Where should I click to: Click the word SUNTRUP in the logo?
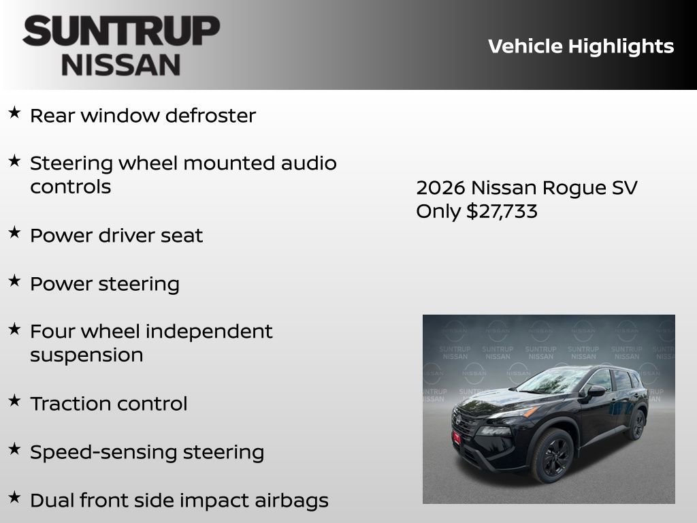[x=121, y=32]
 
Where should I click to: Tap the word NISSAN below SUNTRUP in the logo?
[x=121, y=65]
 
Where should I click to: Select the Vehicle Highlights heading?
[x=581, y=46]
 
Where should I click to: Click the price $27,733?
[x=502, y=211]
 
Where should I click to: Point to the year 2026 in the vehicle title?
[x=440, y=188]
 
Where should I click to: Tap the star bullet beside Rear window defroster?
[x=14, y=113]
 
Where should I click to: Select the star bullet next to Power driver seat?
[x=14, y=233]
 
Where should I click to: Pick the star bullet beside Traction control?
[x=14, y=400]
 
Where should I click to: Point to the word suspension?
[x=86, y=355]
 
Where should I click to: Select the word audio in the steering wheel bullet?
[x=309, y=163]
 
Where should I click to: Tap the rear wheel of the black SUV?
[x=637, y=424]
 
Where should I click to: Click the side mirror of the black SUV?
[x=596, y=391]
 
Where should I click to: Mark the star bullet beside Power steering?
[x=14, y=281]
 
